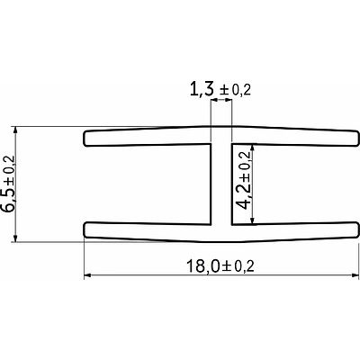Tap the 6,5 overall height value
10,195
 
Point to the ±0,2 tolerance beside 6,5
11,162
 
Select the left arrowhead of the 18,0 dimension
88,275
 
